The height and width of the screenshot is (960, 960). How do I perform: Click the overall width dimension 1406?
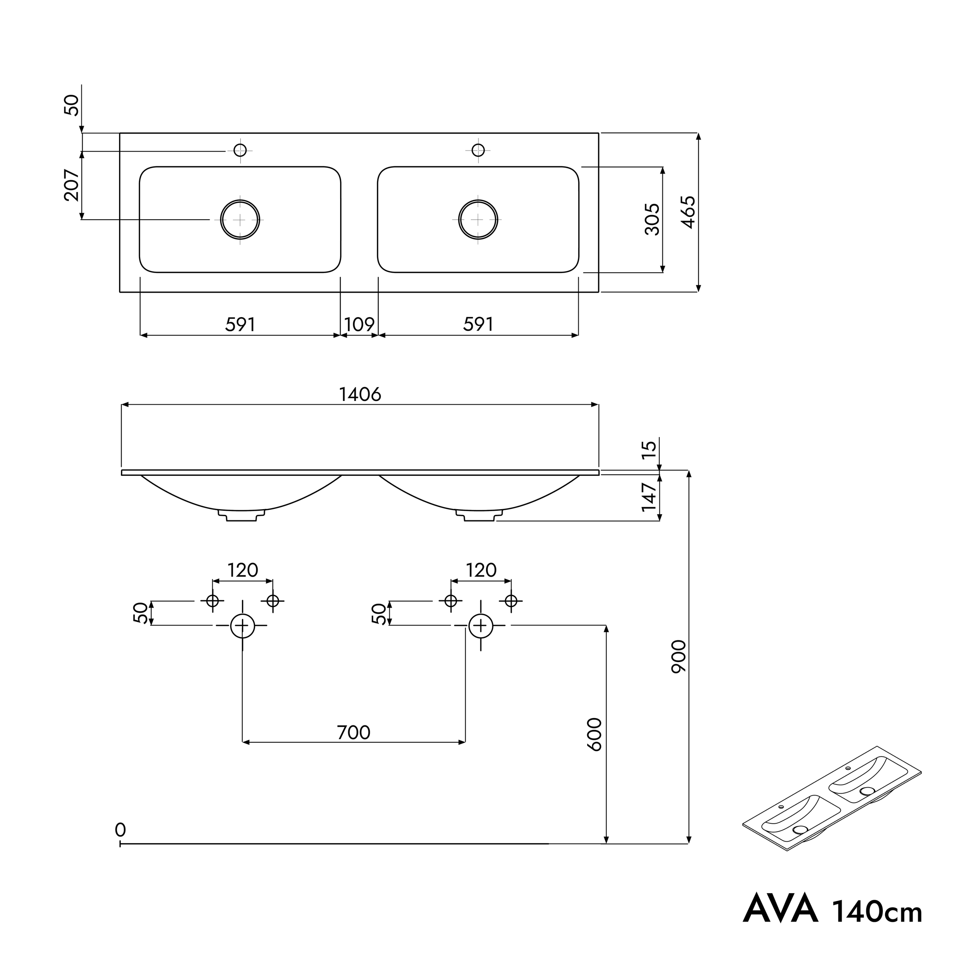coord(360,394)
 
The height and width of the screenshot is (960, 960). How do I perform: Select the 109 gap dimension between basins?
coord(359,324)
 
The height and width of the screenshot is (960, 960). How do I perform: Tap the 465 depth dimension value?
coord(688,212)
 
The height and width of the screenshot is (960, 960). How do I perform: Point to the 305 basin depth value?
coord(652,219)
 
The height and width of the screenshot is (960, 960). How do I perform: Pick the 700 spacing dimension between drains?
coord(353,732)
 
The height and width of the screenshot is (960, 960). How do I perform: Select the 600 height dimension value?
coord(595,735)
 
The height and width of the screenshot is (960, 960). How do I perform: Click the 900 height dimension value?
coord(678,656)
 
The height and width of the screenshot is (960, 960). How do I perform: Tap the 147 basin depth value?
coord(649,497)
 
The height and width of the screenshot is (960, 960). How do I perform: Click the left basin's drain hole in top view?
coord(240,220)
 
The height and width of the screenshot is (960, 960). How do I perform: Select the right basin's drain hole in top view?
coord(478,220)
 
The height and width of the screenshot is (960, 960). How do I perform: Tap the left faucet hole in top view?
coord(240,149)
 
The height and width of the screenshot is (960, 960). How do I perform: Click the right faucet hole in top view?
coord(478,149)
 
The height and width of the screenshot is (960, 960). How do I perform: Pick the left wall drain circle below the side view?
coord(242,626)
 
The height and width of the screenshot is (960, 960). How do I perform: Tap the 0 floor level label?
coord(120,829)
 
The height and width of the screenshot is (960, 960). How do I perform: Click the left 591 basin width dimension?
coord(240,324)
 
